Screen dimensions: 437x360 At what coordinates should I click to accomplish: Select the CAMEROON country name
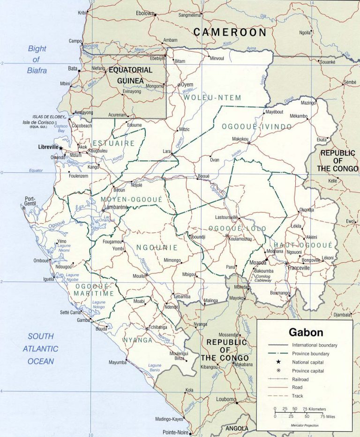click(230, 32)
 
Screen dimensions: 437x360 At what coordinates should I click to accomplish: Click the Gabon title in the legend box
click(306, 333)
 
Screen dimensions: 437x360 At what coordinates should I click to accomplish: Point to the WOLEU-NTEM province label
click(212, 98)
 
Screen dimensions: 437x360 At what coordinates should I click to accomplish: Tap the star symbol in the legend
click(278, 362)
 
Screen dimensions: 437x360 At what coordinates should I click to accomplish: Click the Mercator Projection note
click(305, 425)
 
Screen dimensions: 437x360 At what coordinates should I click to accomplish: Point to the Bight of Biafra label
click(37, 59)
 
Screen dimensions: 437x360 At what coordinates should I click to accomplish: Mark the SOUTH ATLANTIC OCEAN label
click(40, 349)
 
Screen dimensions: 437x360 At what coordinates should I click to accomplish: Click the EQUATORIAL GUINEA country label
click(130, 75)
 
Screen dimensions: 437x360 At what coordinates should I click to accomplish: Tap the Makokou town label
click(240, 139)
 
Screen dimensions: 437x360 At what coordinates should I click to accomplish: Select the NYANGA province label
click(138, 340)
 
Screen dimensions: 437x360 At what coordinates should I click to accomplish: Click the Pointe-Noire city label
click(175, 432)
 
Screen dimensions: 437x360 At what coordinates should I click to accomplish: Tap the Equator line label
click(36, 170)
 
